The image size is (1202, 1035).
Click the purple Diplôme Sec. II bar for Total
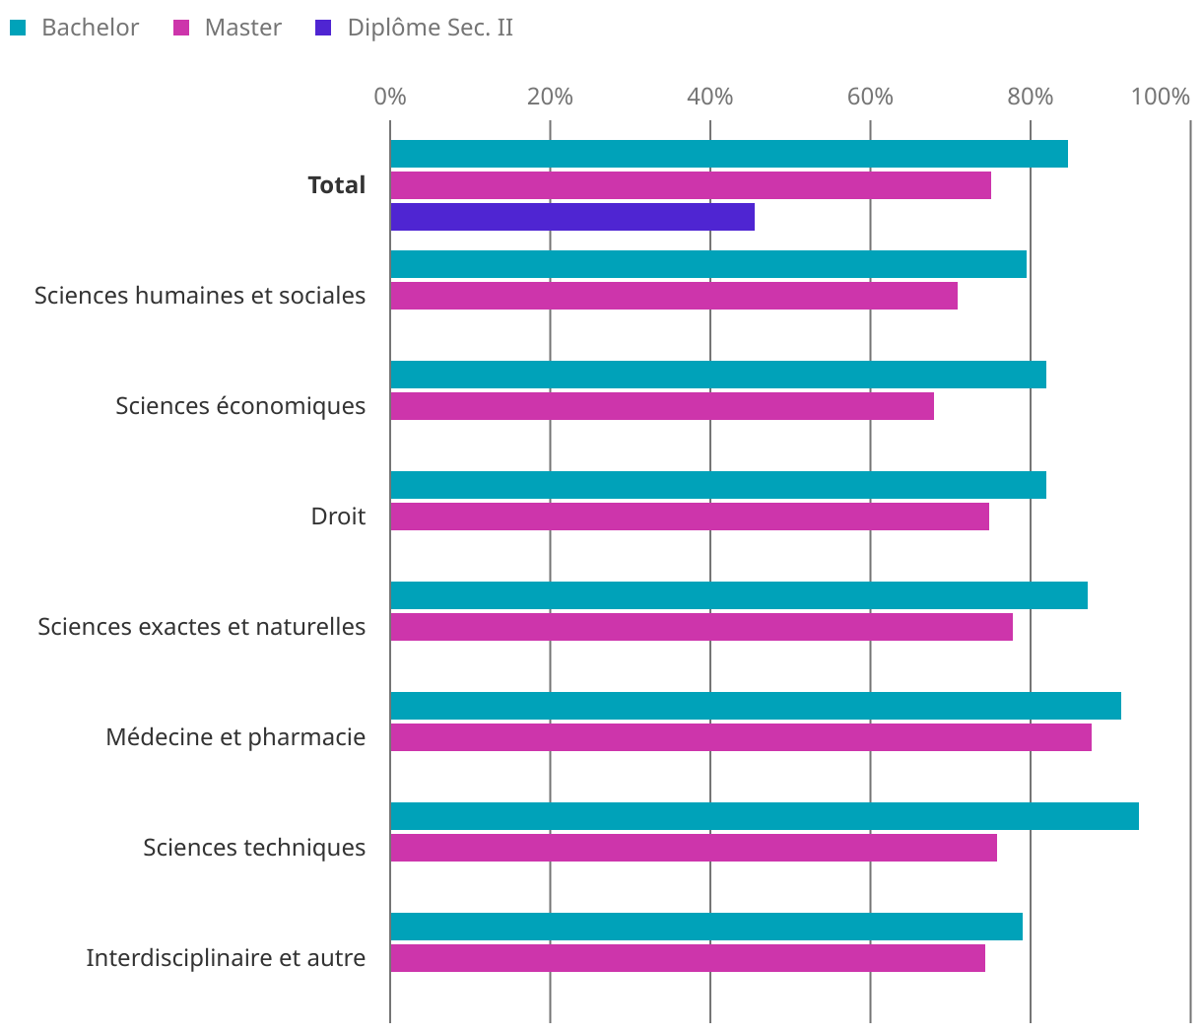572,217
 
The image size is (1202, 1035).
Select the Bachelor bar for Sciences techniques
765,816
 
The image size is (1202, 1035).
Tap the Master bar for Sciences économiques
662,406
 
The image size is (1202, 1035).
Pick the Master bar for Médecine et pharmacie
741,737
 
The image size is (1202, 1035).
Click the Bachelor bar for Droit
718,485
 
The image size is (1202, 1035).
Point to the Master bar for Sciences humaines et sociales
674,296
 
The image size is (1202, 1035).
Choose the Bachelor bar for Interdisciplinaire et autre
706,927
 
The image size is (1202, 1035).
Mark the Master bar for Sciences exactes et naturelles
701,627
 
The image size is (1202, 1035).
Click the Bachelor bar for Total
729,154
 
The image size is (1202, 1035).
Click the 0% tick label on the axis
390,97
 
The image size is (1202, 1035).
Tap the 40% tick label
710,97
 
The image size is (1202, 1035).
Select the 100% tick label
1161,97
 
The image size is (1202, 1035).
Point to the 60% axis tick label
870,97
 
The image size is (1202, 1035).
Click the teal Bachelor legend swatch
17,28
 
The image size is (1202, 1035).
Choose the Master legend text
242,28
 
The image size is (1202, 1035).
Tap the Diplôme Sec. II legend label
430,28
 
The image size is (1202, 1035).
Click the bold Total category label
336,185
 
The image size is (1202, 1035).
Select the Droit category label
338,517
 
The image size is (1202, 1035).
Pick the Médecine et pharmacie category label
235,737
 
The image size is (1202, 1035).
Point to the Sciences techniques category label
254,848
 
